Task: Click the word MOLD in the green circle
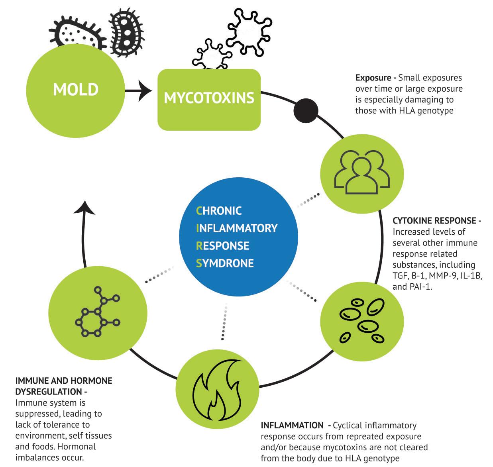(x=76, y=89)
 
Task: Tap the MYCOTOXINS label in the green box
(x=209, y=98)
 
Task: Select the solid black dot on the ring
(x=306, y=110)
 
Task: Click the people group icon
(x=362, y=172)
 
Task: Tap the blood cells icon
(x=362, y=321)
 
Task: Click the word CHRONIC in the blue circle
(x=219, y=210)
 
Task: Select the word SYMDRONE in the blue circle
(x=225, y=263)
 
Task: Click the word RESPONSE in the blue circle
(x=222, y=245)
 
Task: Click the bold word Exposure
(x=373, y=78)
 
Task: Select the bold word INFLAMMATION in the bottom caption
(x=292, y=426)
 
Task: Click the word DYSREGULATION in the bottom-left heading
(x=49, y=392)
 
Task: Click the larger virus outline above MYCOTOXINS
(x=249, y=31)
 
